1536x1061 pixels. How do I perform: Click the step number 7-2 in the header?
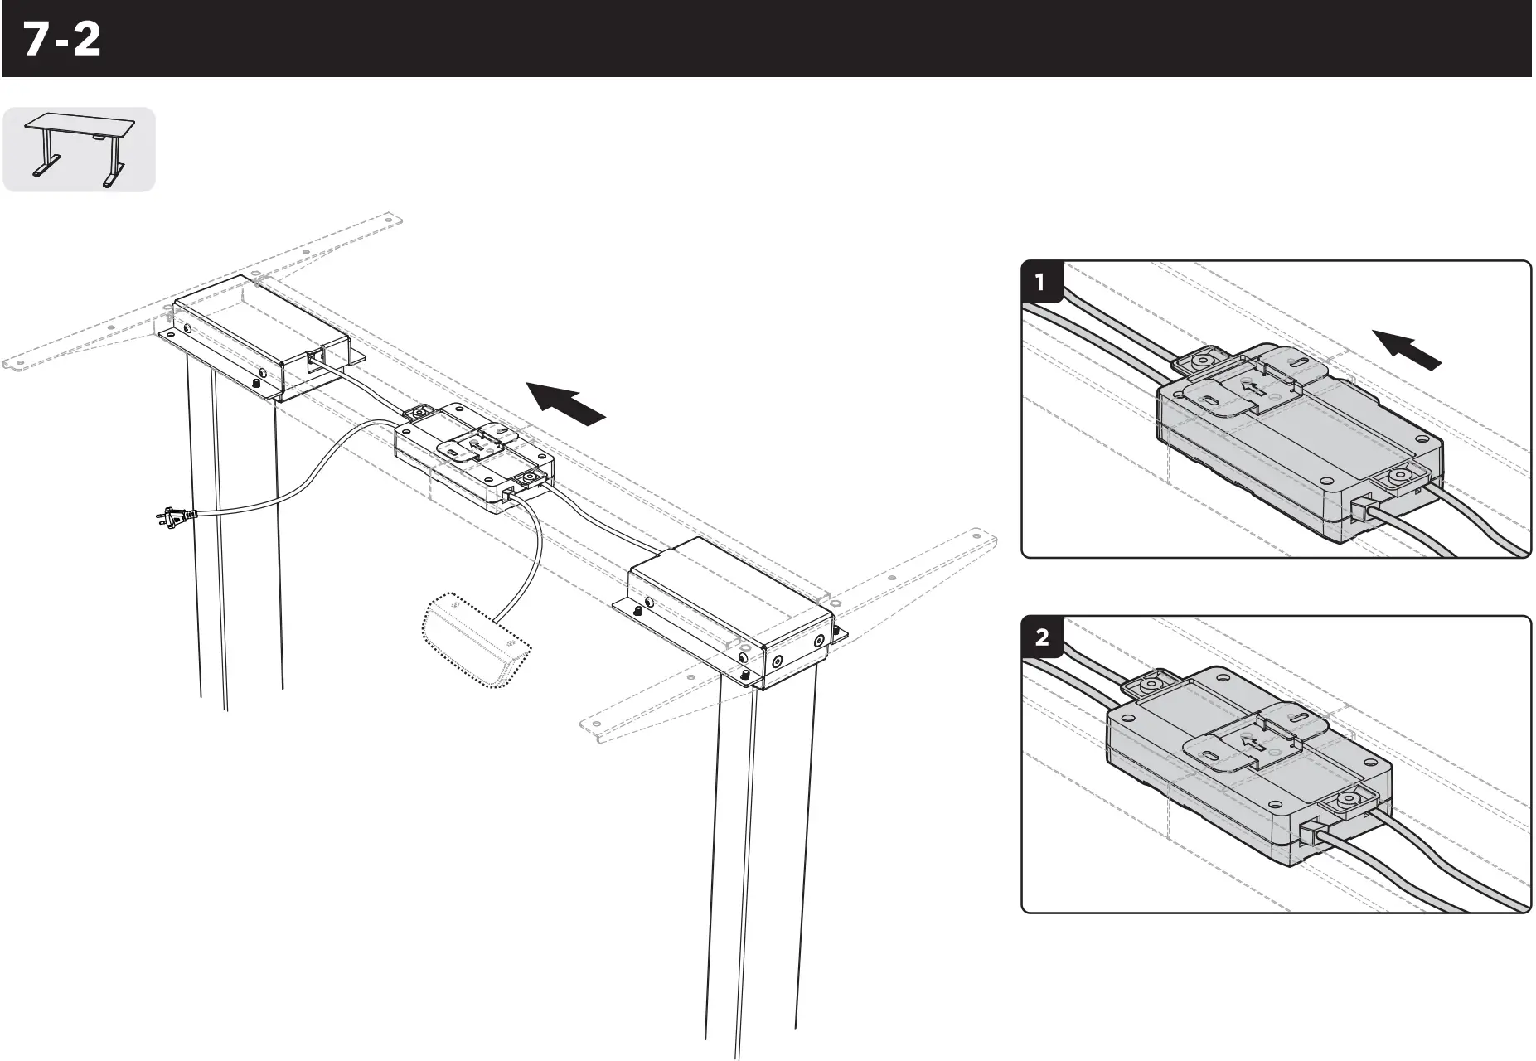62,40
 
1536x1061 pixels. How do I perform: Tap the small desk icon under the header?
79,149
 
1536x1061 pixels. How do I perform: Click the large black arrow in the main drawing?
567,403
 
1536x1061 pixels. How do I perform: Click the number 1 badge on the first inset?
1041,283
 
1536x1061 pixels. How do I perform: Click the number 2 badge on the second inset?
1041,637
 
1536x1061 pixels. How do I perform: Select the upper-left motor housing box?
257,336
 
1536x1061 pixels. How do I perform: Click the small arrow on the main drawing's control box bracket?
473,448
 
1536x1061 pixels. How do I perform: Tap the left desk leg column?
236,539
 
